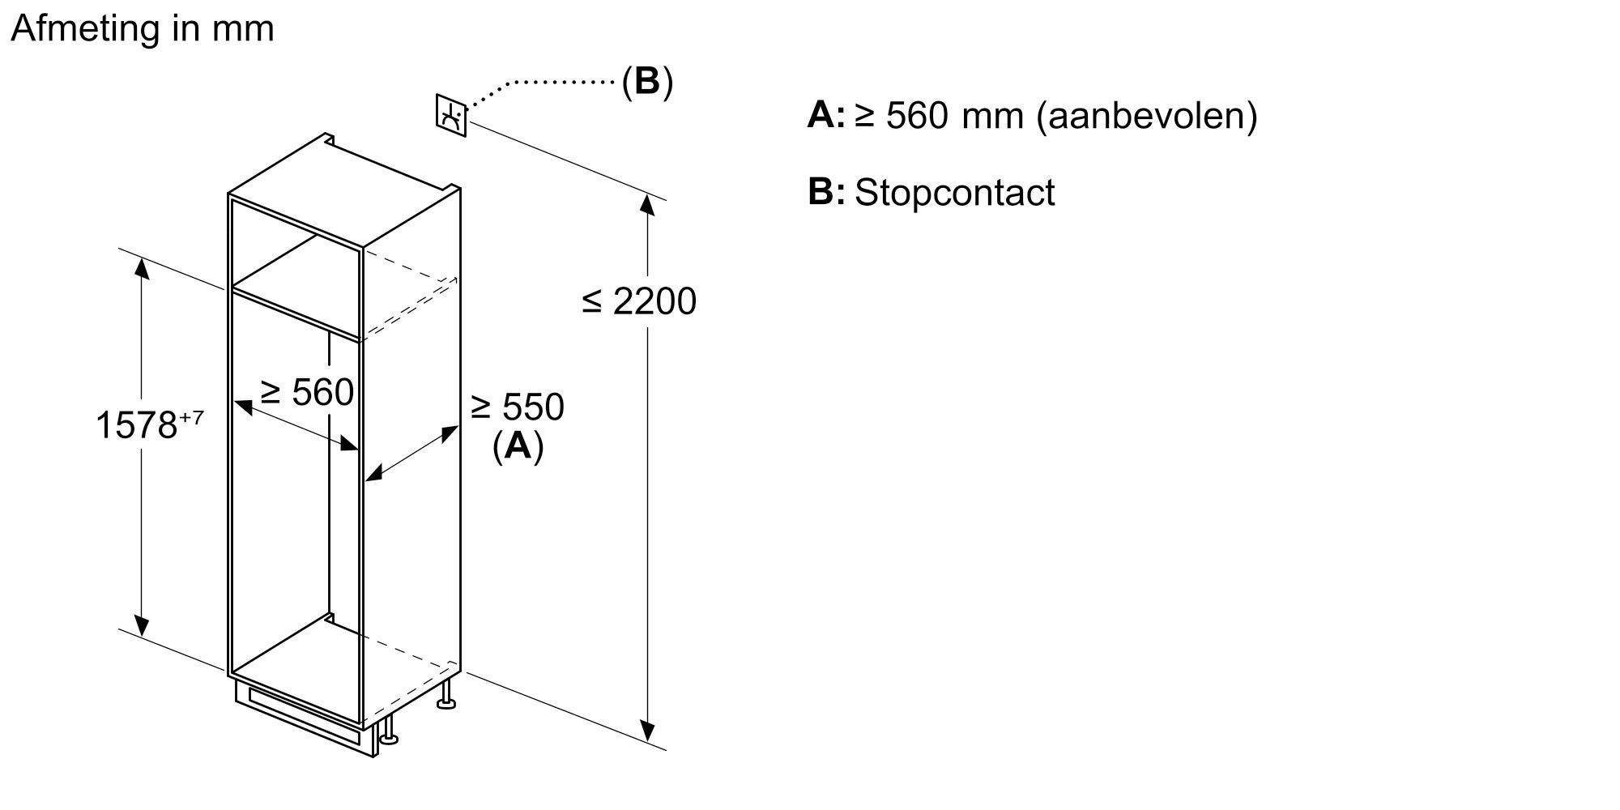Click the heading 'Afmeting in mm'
[x=143, y=29]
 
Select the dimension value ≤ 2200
[x=639, y=301]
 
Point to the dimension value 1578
[x=136, y=425]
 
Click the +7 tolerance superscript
[x=191, y=418]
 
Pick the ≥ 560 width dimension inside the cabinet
[x=307, y=393]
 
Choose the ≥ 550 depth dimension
[x=517, y=407]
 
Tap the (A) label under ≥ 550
[x=518, y=446]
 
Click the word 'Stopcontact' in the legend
[x=954, y=193]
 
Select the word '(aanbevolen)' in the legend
[x=1147, y=116]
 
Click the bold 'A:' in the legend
[x=825, y=116]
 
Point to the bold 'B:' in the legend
[x=826, y=193]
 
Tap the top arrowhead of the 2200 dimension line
[x=647, y=204]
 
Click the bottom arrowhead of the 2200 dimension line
[x=647, y=731]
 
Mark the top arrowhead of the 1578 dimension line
[x=142, y=266]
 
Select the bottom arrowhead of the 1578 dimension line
[x=142, y=625]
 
